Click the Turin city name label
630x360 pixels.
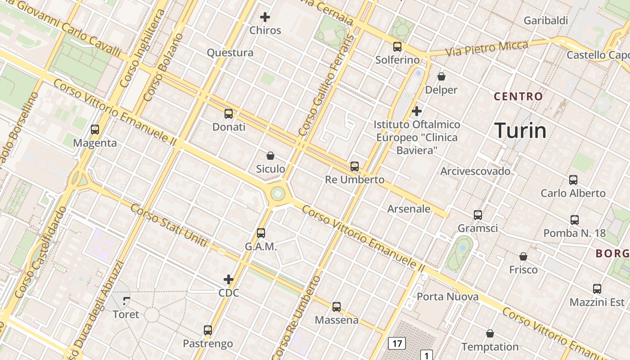[x=521, y=130]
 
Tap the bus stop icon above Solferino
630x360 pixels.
[x=397, y=46]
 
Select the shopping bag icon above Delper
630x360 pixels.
[x=441, y=76]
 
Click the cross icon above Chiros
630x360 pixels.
[x=265, y=17]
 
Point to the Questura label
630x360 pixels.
[x=230, y=53]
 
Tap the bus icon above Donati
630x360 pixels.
[x=229, y=113]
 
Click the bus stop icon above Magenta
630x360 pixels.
[x=95, y=130]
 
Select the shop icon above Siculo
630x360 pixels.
[x=270, y=156]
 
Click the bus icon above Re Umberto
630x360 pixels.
[x=355, y=166]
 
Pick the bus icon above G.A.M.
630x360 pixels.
[x=261, y=233]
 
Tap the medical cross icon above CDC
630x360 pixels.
[x=229, y=279]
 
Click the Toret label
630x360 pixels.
[x=126, y=314]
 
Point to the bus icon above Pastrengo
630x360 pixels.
[x=207, y=330]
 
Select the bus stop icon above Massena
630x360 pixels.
[x=337, y=307]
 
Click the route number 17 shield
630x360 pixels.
[x=396, y=344]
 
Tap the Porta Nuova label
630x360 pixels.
[x=447, y=297]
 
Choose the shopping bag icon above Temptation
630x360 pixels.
[x=490, y=333]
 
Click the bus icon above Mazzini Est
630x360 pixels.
[x=597, y=289]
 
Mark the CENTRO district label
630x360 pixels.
[x=518, y=96]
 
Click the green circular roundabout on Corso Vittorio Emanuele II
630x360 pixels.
[x=278, y=194]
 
